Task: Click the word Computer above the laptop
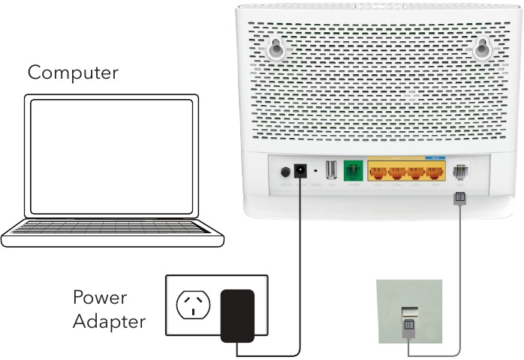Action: [73, 73]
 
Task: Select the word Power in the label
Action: [99, 298]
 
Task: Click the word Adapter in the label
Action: [109, 322]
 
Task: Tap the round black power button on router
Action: [285, 172]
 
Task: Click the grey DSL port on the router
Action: [461, 172]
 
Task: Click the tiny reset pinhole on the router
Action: [316, 172]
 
